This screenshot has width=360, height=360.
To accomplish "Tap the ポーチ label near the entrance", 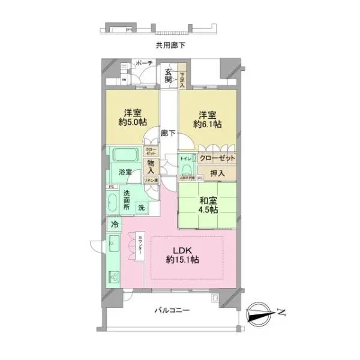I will [x=145, y=64].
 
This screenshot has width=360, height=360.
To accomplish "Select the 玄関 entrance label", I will [x=169, y=77].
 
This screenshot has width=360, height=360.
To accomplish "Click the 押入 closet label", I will [x=217, y=173].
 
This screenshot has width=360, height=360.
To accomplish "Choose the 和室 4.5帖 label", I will [x=208, y=206].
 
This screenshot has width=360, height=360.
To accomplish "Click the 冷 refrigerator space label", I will [x=114, y=224].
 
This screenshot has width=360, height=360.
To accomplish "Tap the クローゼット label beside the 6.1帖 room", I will [x=217, y=158].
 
